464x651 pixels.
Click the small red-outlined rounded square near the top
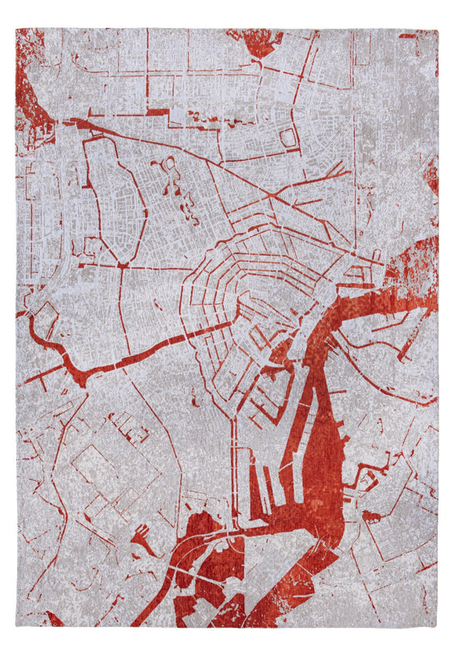(x=288, y=138)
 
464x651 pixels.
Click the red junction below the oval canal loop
(x=121, y=265)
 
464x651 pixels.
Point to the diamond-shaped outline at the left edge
(x=44, y=317)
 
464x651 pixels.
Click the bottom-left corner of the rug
(x=16, y=625)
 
